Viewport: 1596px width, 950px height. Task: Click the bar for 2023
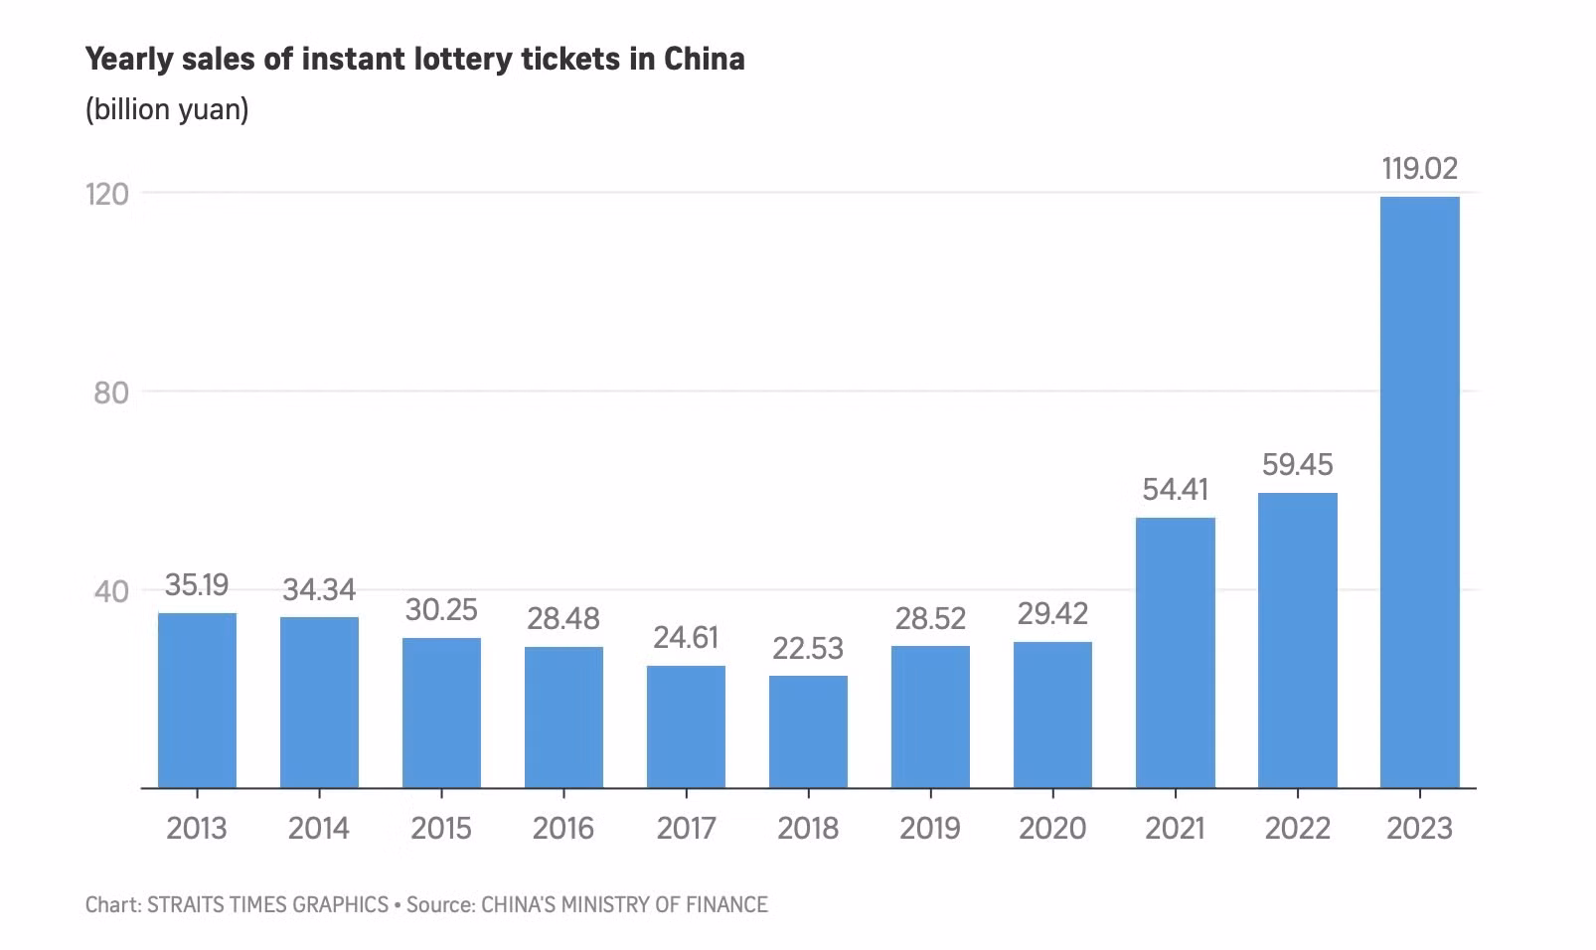(1419, 492)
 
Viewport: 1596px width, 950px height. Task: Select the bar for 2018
(808, 731)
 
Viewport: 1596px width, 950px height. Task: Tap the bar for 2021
(1175, 652)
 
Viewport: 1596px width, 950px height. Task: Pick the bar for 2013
(197, 700)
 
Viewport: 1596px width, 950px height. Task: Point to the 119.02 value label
(1419, 169)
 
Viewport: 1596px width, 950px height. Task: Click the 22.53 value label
(808, 649)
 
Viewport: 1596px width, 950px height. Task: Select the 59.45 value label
(1297, 465)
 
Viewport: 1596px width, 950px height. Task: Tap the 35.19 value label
(197, 585)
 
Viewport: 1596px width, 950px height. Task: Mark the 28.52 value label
(930, 619)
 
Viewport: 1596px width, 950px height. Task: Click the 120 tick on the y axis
(107, 194)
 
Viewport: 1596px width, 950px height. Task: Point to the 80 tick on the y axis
(111, 393)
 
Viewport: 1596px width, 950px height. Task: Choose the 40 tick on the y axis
(111, 591)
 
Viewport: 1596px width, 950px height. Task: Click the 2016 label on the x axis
(563, 828)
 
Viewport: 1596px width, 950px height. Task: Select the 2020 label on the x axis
(1052, 828)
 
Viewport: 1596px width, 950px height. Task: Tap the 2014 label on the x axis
(319, 828)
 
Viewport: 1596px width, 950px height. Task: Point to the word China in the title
(704, 60)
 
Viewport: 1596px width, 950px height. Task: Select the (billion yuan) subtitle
(167, 108)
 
